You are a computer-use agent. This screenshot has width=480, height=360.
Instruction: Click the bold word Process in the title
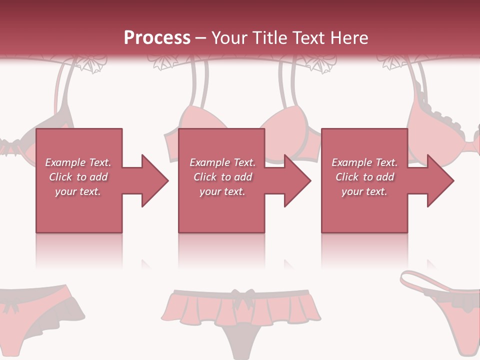[x=157, y=38]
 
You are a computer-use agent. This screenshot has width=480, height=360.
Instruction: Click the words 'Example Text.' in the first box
[x=78, y=162]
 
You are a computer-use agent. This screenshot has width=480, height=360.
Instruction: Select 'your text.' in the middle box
[x=222, y=191]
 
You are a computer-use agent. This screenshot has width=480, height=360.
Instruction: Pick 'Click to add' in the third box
[x=364, y=177]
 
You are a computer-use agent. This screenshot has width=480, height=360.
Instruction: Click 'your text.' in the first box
[x=78, y=191]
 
